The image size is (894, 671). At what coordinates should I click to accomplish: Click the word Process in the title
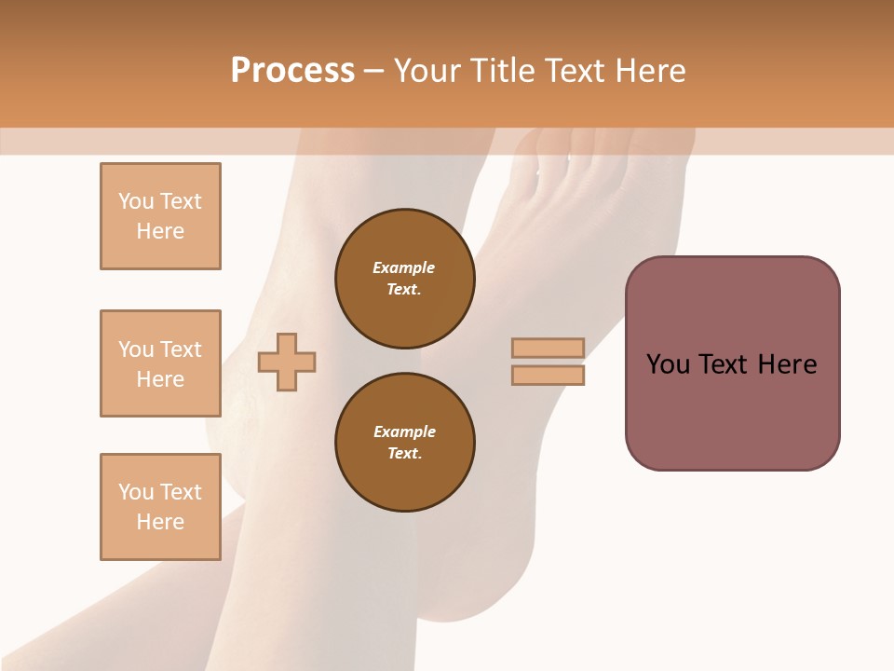click(292, 71)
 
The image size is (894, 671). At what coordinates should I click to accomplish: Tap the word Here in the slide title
click(645, 71)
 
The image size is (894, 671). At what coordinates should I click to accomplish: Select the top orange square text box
click(160, 216)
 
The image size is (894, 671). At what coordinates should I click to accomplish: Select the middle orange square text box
click(160, 363)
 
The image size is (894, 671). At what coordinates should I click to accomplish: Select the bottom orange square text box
click(160, 507)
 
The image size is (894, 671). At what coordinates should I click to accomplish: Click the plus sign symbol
click(287, 362)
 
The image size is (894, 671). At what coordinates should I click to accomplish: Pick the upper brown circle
click(404, 279)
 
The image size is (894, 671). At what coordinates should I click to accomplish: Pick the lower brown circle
click(404, 443)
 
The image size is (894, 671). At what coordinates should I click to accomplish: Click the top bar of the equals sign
click(548, 349)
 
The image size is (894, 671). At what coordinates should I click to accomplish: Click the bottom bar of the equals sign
click(548, 375)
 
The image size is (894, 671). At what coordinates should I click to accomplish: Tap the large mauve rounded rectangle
click(732, 410)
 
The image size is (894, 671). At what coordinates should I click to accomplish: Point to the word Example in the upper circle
click(404, 267)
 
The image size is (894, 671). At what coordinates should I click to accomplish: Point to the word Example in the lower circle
click(404, 431)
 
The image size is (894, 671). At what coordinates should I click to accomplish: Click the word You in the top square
click(136, 201)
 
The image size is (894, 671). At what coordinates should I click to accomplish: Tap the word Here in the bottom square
click(160, 522)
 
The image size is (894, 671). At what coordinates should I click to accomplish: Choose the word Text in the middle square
click(181, 349)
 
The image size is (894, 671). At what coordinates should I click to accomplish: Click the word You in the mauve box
click(668, 364)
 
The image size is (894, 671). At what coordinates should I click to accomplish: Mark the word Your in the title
click(427, 71)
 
